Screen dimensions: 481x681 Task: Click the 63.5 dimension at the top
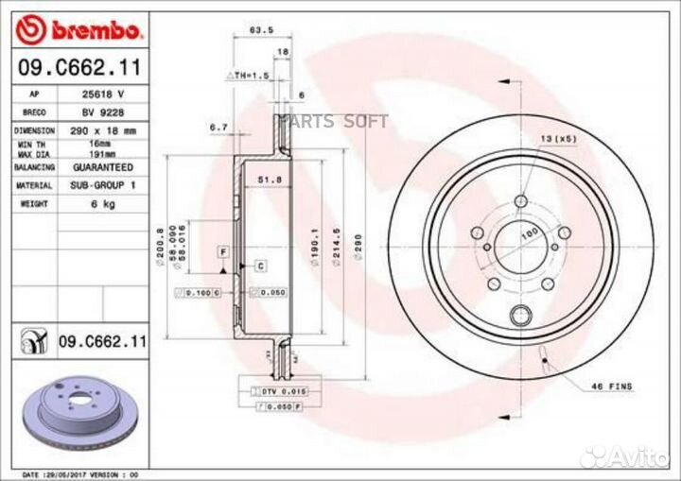tap(253, 30)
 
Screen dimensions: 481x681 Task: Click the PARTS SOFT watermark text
tap(333, 121)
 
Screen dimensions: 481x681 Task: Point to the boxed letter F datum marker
tap(223, 251)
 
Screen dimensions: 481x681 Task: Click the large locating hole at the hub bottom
tap(519, 317)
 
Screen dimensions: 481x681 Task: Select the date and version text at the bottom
tap(80, 473)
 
